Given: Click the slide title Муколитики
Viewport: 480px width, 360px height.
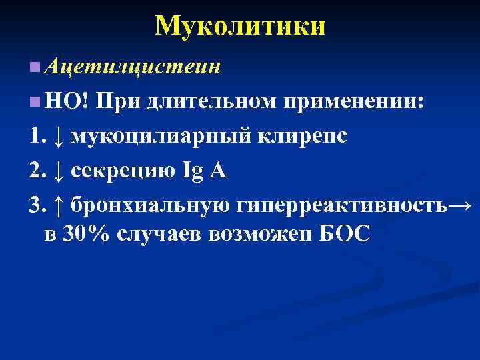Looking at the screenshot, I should click(x=240, y=26).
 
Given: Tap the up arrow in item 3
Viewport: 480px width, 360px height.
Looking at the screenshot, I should click(x=58, y=206).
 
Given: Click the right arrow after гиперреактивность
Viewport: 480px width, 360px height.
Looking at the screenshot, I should click(x=461, y=206).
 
